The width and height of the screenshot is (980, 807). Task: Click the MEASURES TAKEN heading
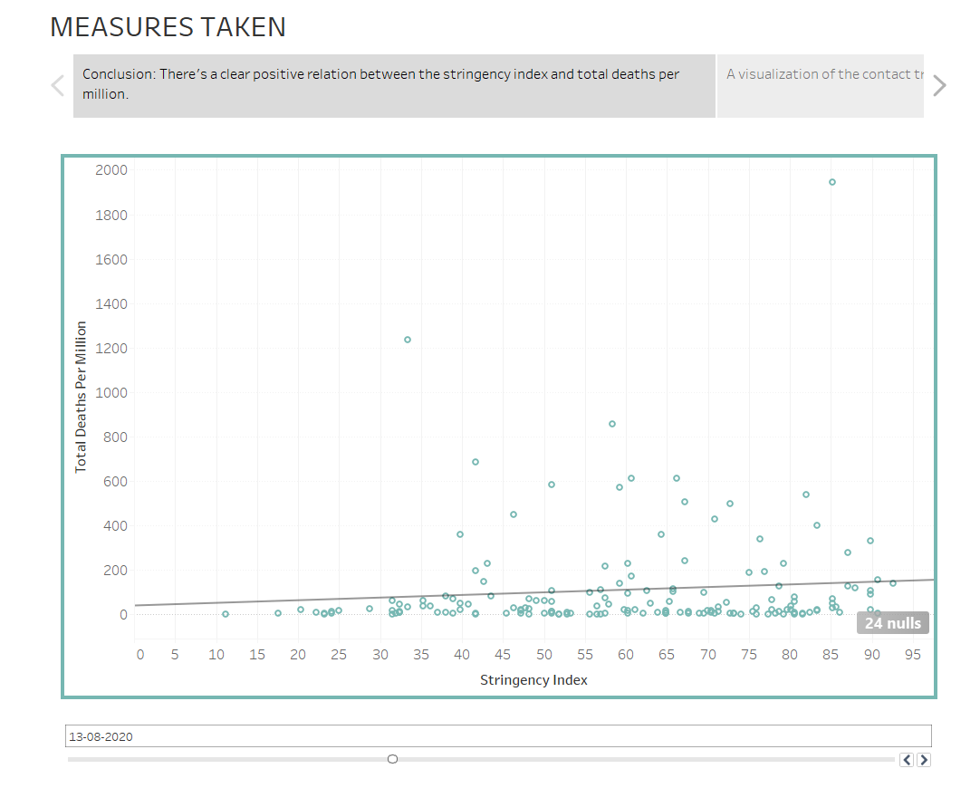(168, 27)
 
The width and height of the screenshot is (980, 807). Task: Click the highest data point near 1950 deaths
(832, 182)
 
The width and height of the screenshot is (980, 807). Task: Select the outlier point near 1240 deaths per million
(408, 340)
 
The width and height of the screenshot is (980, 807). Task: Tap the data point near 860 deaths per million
(612, 424)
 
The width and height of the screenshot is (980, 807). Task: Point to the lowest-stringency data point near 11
(226, 614)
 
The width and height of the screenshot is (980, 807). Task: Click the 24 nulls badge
(892, 623)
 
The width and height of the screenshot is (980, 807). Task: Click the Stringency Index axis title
(533, 680)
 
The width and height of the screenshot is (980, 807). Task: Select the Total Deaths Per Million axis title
(81, 397)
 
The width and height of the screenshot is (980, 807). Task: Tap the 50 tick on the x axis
(543, 655)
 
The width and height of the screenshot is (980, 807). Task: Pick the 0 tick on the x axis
(139, 655)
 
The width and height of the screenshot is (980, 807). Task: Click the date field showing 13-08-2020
(498, 736)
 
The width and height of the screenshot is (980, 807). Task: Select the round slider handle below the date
(392, 759)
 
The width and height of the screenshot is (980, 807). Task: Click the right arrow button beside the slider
(924, 760)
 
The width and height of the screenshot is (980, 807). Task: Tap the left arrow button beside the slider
(907, 760)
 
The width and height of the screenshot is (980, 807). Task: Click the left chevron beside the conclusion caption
(58, 86)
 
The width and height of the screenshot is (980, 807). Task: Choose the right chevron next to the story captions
(939, 86)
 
